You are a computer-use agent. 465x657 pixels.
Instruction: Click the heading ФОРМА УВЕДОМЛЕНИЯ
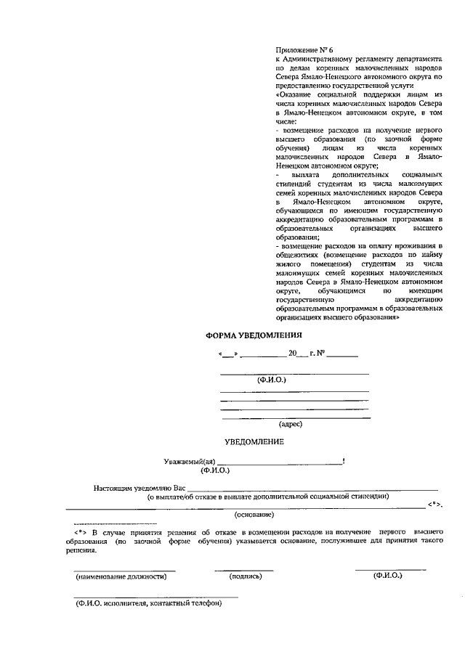253,335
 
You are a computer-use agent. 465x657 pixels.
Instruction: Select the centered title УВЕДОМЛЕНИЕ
254,441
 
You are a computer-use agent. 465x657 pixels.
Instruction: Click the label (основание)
254,515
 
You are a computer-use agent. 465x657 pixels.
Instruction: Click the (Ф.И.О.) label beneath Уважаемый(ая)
215,470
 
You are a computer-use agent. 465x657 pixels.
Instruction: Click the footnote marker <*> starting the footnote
81,531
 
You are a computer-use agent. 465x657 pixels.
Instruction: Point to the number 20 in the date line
293,354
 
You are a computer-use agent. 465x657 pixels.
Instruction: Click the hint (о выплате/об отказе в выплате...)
267,497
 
